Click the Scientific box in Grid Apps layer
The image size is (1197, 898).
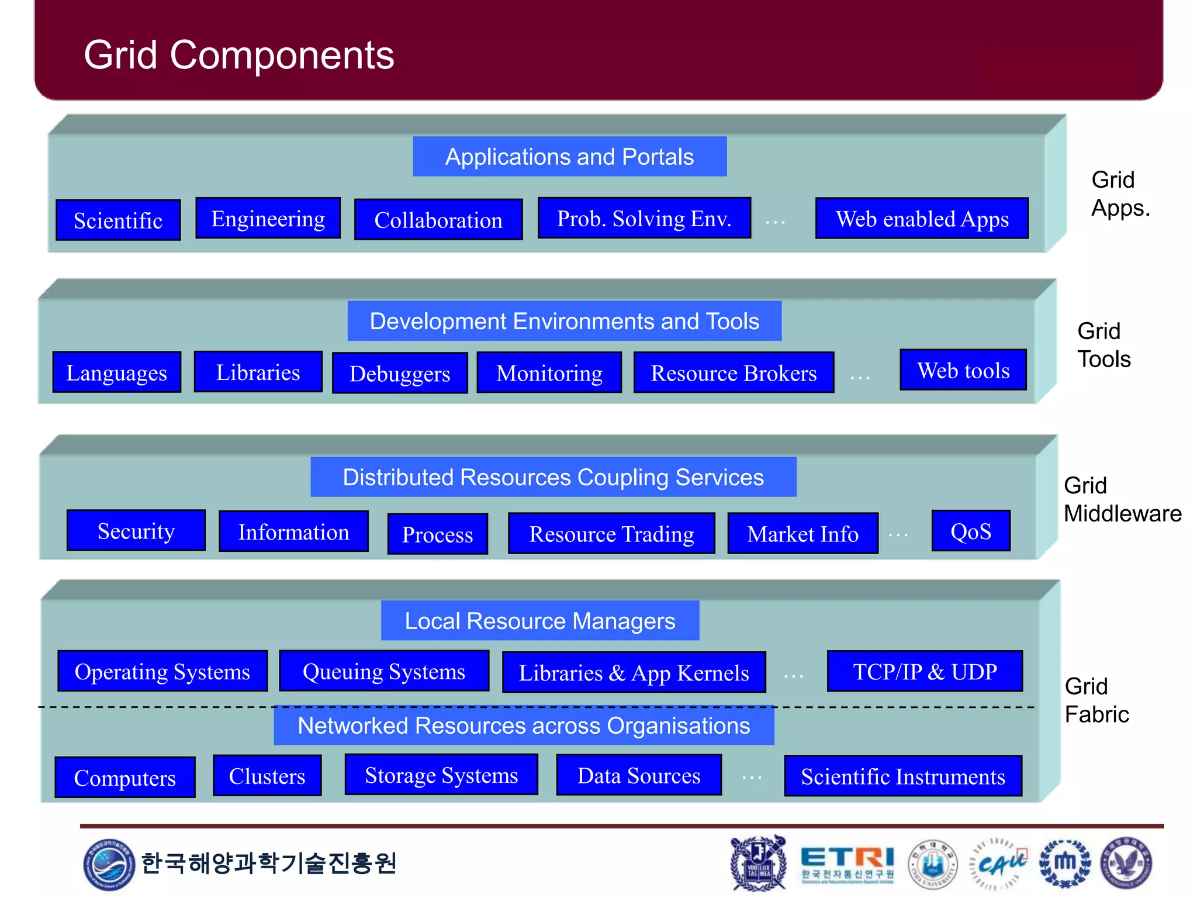click(x=118, y=220)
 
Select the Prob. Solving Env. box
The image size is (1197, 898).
click(x=644, y=218)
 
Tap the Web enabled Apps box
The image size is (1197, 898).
click(x=922, y=218)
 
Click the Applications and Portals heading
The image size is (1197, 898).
click(x=569, y=157)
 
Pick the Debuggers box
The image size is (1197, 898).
click(x=400, y=373)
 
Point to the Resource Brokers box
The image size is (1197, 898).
click(x=734, y=372)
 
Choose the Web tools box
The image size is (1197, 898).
click(x=963, y=370)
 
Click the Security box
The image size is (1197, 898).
click(x=136, y=530)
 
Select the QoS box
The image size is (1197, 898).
click(x=971, y=531)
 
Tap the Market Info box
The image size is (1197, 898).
click(x=802, y=533)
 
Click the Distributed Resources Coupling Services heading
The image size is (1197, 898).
click(x=553, y=477)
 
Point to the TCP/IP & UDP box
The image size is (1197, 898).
click(x=925, y=671)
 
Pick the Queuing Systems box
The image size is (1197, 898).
click(x=384, y=671)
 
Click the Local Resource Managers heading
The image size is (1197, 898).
click(x=540, y=620)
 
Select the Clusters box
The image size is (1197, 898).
click(x=267, y=776)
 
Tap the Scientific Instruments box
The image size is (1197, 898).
click(x=903, y=776)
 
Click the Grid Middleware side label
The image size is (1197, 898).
click(x=1122, y=499)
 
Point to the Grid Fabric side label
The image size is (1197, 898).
click(x=1096, y=700)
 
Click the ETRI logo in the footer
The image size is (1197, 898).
click(x=847, y=863)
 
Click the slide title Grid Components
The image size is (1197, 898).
click(x=239, y=55)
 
